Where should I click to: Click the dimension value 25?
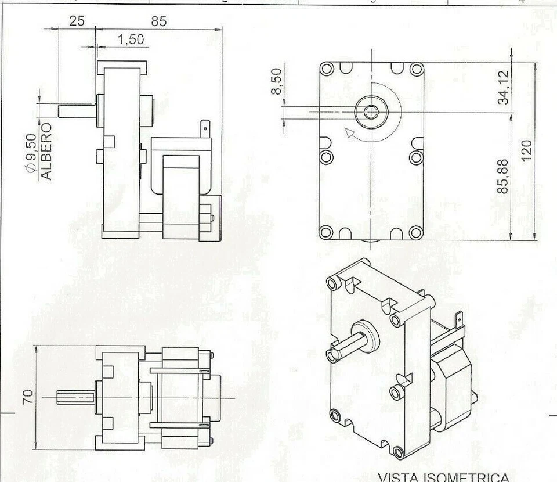77,21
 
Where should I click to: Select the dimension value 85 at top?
159,21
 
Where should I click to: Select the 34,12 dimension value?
505,87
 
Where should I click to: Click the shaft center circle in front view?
370,111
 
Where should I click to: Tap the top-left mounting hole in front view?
327,70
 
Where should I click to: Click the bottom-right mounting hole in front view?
416,232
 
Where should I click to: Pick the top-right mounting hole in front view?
416,70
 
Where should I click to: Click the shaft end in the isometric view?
332,354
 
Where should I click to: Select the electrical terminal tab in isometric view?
459,320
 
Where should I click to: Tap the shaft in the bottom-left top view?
75,398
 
